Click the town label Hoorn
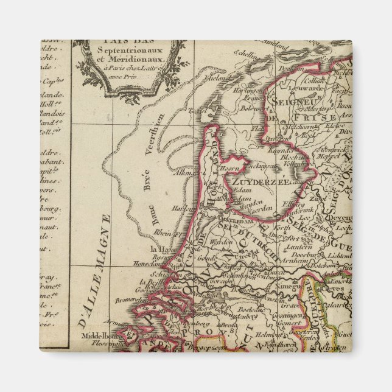pos(229,167)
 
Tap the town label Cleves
pos(340,289)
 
